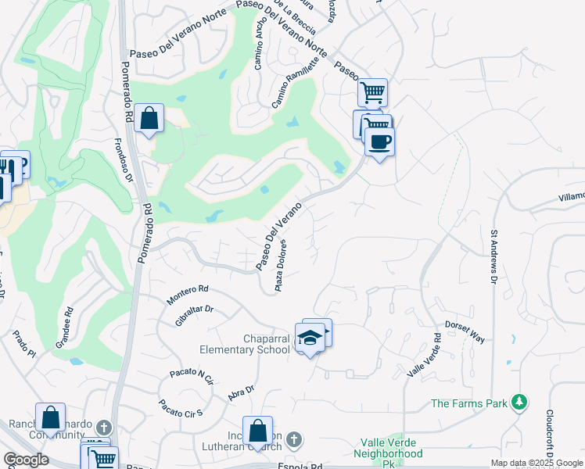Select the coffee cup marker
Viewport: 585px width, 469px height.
click(379, 141)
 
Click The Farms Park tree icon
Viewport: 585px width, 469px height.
click(518, 403)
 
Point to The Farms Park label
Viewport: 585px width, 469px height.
click(468, 403)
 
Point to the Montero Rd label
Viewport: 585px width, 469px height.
click(188, 294)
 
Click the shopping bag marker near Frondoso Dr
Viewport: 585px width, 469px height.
click(149, 119)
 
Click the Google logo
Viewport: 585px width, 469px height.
click(26, 460)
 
